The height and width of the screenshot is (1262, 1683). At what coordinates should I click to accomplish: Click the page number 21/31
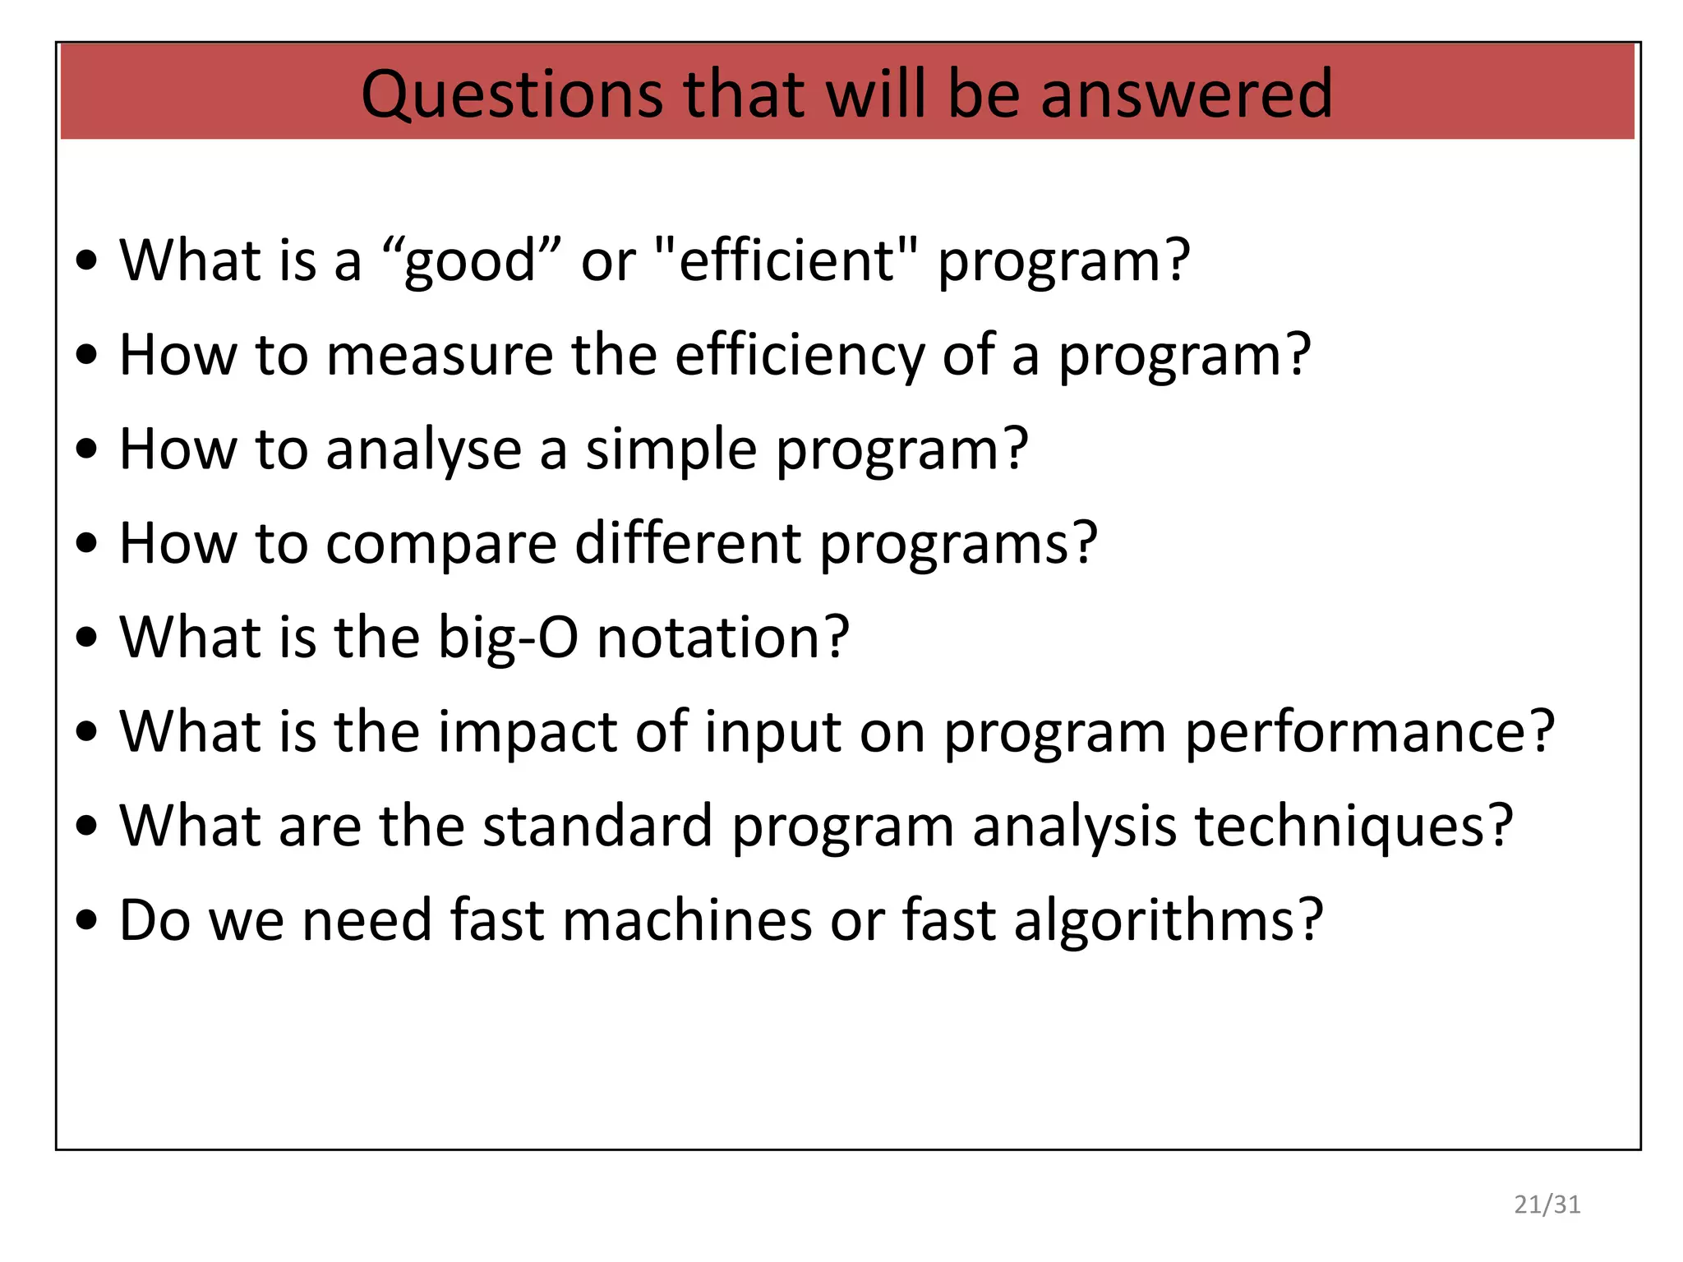click(1547, 1204)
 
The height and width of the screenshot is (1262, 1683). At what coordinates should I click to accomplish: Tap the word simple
click(671, 450)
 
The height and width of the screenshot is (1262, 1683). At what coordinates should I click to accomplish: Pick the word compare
click(441, 544)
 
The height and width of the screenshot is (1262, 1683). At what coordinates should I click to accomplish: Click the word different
click(688, 544)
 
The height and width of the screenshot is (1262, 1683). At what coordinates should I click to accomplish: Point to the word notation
click(722, 638)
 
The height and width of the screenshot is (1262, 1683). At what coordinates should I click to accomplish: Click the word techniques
click(1353, 827)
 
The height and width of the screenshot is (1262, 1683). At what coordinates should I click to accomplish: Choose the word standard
click(597, 827)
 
